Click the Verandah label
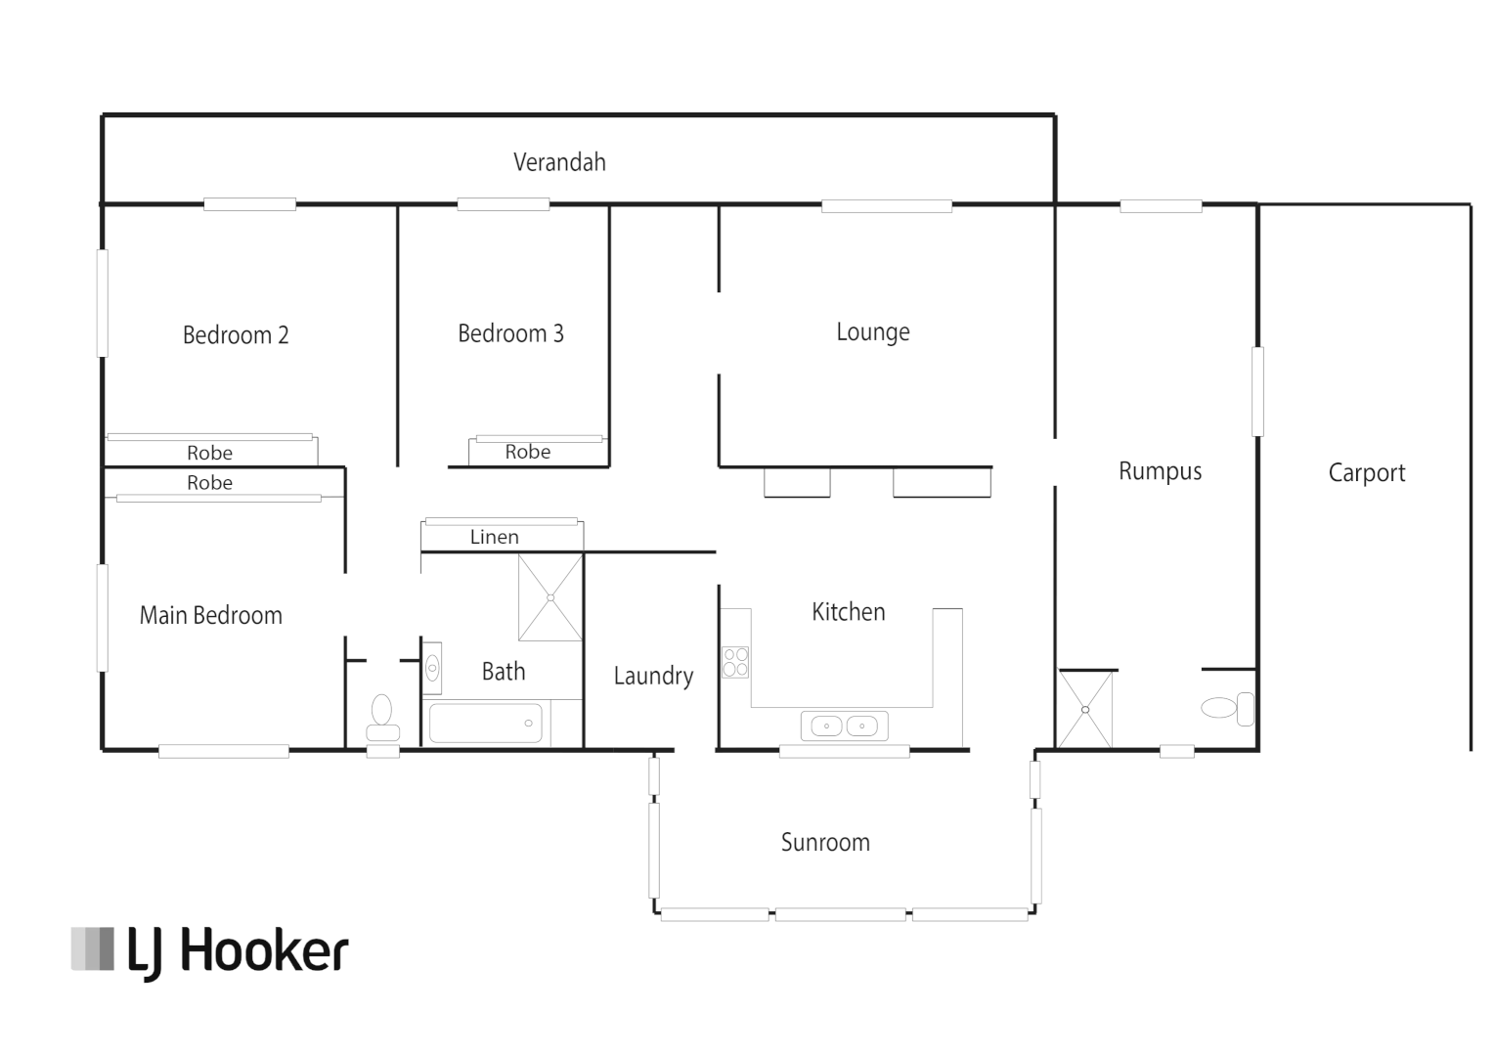coord(559,162)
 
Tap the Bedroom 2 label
coord(236,335)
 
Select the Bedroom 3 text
coord(510,334)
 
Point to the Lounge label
coord(872,332)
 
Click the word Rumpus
coord(1160,471)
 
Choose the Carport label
coord(1366,473)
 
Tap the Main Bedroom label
coord(210,616)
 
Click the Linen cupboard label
coord(494,537)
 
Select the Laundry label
coord(653,676)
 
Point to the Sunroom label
coord(825,843)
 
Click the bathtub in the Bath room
coord(485,724)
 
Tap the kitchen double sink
coord(844,726)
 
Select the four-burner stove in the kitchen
coord(735,662)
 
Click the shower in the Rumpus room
coord(1085,710)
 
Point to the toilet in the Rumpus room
coord(1226,708)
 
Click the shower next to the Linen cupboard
coord(549,597)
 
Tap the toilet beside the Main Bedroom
coord(381,719)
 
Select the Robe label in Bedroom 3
coord(527,453)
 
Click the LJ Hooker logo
coord(209,950)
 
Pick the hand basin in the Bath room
coord(432,669)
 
